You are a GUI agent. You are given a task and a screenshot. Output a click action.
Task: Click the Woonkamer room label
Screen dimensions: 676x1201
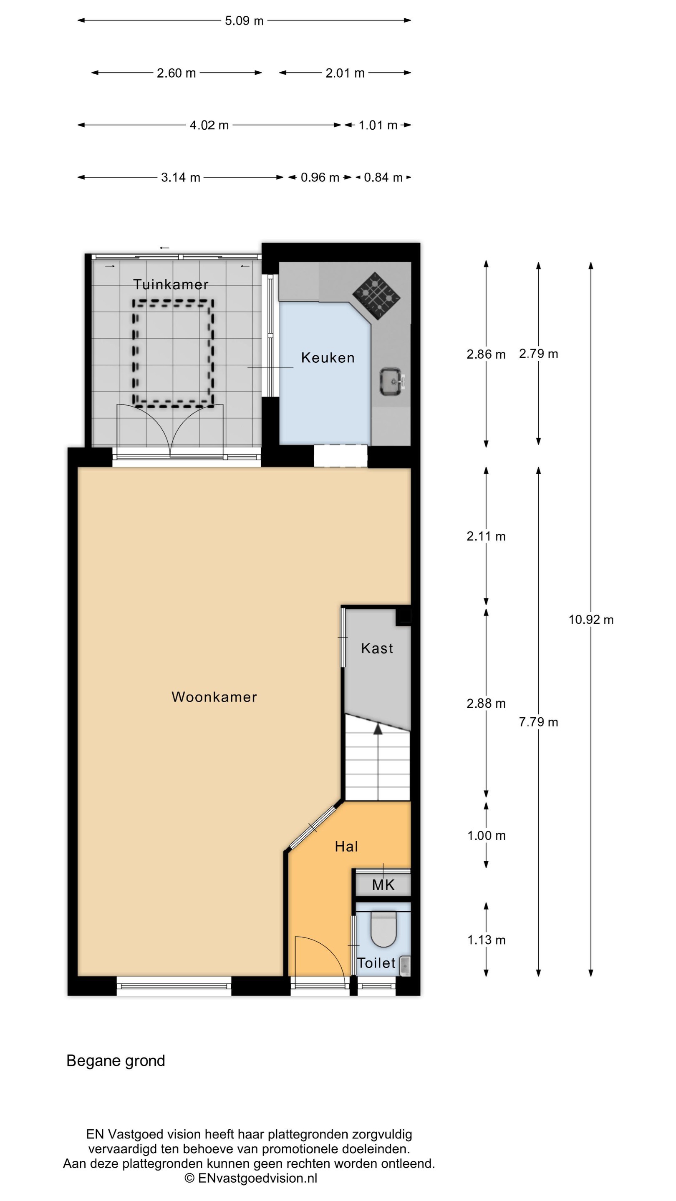(x=214, y=697)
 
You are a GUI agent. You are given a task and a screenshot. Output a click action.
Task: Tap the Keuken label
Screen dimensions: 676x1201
(x=328, y=358)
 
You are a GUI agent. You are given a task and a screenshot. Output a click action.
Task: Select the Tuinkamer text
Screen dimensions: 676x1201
(x=171, y=284)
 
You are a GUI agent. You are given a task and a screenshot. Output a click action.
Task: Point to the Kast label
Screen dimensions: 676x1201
(x=377, y=648)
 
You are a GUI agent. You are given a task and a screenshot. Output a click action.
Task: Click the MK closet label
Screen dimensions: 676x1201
(x=383, y=884)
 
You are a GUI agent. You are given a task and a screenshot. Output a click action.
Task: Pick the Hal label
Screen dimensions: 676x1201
(x=346, y=846)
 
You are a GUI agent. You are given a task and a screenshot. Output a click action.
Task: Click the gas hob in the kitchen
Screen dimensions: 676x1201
(x=376, y=296)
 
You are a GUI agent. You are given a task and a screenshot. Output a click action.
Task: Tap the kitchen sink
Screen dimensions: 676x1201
(x=391, y=382)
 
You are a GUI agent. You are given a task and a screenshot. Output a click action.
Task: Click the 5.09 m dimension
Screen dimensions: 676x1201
(x=244, y=20)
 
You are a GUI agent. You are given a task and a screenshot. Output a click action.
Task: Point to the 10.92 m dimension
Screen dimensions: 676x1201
(x=590, y=620)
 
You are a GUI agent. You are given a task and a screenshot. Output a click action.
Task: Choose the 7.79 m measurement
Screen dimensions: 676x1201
(x=538, y=722)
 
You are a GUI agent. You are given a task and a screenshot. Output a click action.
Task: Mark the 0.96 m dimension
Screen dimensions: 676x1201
(x=320, y=177)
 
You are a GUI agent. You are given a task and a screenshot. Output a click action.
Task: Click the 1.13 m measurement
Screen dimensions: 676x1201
(x=486, y=940)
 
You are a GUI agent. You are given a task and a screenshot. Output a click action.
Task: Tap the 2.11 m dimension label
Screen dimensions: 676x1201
(x=486, y=536)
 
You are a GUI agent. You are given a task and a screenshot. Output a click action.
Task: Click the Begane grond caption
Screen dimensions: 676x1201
(x=116, y=1060)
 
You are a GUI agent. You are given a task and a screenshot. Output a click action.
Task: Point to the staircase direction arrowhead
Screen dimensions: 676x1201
(x=378, y=730)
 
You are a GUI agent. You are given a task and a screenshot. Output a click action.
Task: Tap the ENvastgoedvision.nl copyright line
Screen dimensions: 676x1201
(x=250, y=1178)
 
